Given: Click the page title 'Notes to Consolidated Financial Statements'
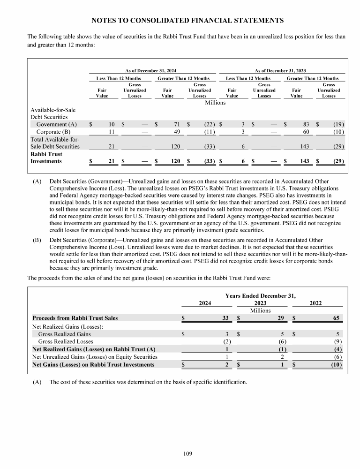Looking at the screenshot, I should point(187,21).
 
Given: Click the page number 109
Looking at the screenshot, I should point(187,453).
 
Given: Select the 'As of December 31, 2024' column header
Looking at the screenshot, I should point(150,70).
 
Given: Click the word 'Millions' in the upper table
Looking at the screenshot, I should point(215,102).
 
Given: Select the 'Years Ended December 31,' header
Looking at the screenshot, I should point(261,296).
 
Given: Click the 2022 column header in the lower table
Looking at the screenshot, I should point(317,303).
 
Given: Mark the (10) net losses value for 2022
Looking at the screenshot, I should point(334,365).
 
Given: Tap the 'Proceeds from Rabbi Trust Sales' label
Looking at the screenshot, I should point(75,318).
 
